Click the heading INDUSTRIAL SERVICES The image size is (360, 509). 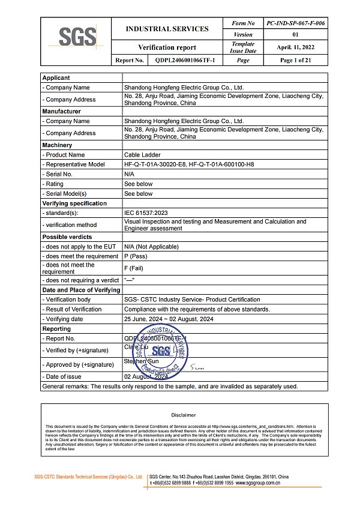pyautogui.click(x=167, y=29)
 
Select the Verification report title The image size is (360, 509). pyautogui.click(x=167, y=47)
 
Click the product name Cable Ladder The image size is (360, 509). pyautogui.click(x=142, y=154)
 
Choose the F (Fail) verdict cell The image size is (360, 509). pyautogui.click(x=136, y=268)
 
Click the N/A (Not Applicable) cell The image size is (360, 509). pyautogui.click(x=151, y=247)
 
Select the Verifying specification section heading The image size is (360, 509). pyautogui.click(x=73, y=203)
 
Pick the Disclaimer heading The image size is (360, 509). pyautogui.click(x=183, y=415)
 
